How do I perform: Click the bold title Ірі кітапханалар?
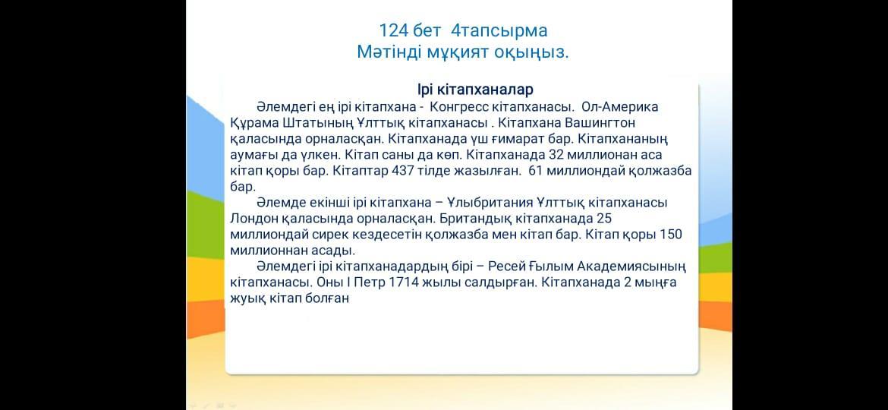tap(474, 90)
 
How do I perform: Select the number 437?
tap(403, 171)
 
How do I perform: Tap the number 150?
tap(670, 235)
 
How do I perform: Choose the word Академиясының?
tap(632, 266)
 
